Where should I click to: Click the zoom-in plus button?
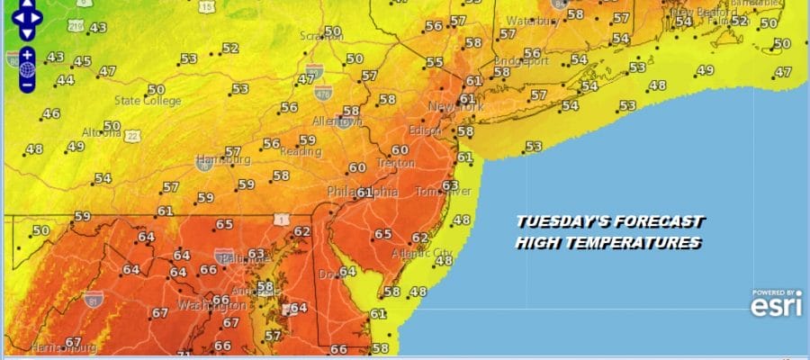(27, 54)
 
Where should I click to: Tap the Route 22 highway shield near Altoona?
(133, 135)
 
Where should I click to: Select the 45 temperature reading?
(83, 61)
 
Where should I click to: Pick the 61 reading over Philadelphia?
(364, 193)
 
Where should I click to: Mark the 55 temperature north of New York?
(435, 62)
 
